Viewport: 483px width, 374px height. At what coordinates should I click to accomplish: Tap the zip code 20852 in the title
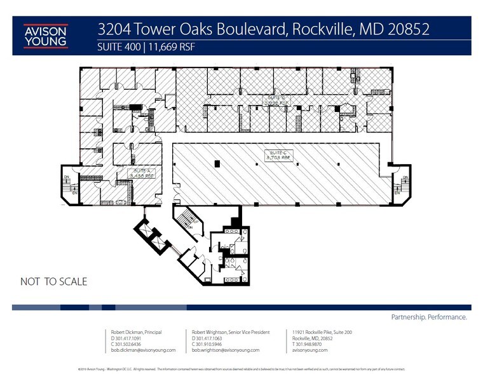click(x=408, y=29)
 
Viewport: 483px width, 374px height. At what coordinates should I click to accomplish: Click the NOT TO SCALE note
click(x=53, y=280)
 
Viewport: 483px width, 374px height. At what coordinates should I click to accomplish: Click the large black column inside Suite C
click(x=217, y=165)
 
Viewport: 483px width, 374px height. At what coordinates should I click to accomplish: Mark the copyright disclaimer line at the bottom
click(x=241, y=368)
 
